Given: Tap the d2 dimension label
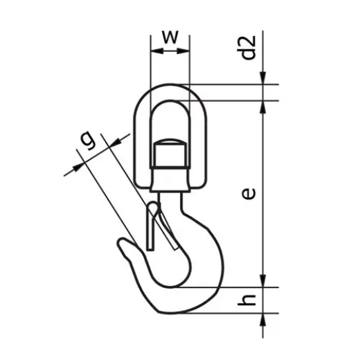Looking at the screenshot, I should tap(250, 47).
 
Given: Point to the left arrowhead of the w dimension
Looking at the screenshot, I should tap(153, 50).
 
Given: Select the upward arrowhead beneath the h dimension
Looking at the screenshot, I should tap(264, 319).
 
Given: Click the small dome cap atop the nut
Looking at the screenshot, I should tap(169, 141).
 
